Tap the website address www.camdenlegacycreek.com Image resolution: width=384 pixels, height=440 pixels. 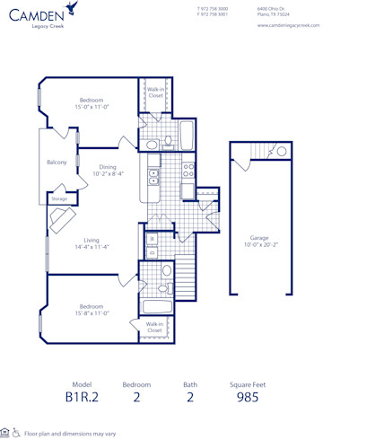288,25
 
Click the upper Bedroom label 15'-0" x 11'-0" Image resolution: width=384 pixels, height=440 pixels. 92,103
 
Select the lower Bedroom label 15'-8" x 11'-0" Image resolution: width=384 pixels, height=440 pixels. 92,310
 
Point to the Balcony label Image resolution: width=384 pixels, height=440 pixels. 57,163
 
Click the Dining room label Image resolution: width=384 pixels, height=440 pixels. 108,170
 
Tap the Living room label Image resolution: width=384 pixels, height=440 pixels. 92,242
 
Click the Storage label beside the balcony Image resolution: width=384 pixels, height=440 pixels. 59,198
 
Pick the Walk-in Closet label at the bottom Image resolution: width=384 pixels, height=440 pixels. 154,327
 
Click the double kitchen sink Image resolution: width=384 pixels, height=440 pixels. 153,175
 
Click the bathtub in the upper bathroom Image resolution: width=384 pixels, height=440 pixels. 186,136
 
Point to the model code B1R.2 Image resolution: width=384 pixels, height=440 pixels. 82,396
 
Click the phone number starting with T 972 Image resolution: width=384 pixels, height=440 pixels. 212,8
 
